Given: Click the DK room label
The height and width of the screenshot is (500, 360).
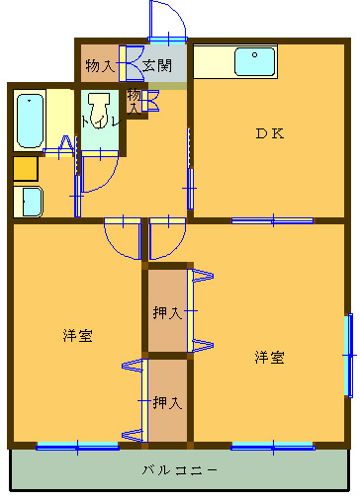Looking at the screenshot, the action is coord(270,133).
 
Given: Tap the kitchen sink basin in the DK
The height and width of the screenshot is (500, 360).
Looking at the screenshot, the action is coord(254,61).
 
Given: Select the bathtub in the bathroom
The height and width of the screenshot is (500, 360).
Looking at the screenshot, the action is coord(30,121).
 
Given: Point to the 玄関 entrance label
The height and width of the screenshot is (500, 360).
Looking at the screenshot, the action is coord(157,66).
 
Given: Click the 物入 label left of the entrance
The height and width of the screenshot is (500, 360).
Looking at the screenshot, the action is coord(100,65).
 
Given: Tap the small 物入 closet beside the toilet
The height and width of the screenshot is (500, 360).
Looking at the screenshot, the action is coord(135,102).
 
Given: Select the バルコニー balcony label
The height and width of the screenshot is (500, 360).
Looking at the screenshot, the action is coord(180,469).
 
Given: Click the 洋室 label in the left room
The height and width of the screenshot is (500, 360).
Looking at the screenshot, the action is coord(78,335).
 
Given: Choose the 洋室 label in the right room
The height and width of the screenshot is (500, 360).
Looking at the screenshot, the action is coord(269,358).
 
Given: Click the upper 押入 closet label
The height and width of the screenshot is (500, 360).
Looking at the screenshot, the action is coord(167,312).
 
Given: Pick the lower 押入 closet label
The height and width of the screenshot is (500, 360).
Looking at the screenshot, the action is coord(167,402).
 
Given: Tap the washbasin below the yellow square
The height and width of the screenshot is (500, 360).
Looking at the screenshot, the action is coord(29,202).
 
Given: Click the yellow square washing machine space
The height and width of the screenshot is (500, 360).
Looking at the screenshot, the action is coord(26,168).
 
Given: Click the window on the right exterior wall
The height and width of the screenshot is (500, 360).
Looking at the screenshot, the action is coord(349,356).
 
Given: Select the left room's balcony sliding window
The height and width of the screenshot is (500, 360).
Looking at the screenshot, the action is coord(77,447).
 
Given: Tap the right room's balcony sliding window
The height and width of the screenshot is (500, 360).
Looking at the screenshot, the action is coord(273,447).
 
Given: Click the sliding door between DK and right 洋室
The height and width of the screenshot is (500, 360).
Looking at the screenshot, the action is coord(273,220).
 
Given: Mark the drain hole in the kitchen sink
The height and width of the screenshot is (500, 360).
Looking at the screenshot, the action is coord(254,54).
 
